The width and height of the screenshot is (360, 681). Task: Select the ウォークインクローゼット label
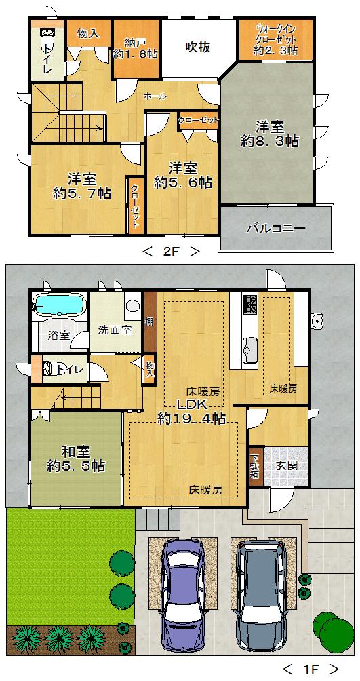[275, 40]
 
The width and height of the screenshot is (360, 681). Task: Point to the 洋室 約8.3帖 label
[270, 134]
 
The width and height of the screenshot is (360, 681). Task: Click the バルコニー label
[275, 228]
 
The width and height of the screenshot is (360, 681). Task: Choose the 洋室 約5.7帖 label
[81, 186]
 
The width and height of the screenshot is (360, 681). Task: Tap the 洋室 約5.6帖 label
[182, 174]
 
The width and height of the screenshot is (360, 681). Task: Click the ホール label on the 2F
[155, 96]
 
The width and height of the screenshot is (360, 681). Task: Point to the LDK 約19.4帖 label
[191, 411]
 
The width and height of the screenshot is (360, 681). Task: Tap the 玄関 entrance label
[285, 467]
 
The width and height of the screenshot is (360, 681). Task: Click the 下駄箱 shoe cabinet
[255, 467]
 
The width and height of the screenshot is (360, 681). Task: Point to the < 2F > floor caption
[171, 252]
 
